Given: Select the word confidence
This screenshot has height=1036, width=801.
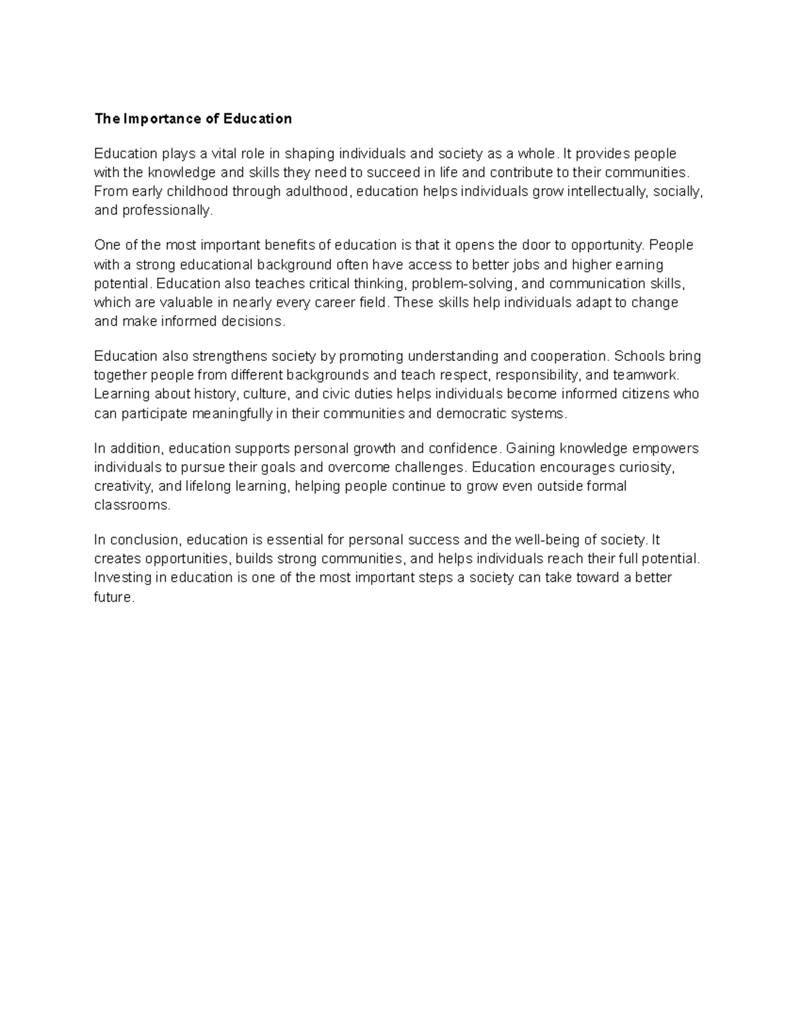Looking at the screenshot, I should coord(463,448).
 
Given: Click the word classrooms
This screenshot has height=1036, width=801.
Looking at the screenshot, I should coord(132,506).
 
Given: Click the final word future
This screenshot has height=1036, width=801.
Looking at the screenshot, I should coord(114,598).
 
